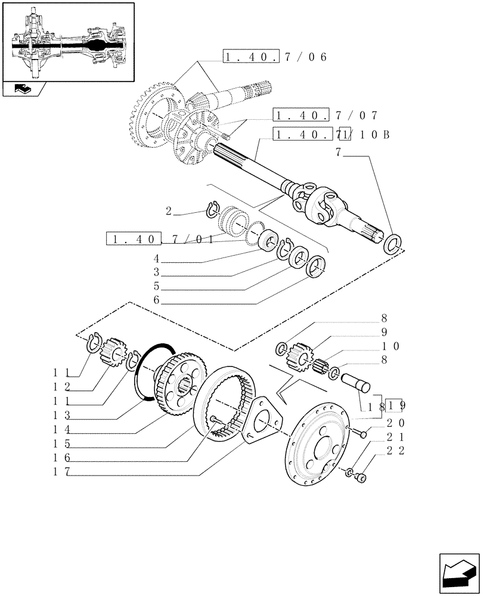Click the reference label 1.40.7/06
tap(275, 58)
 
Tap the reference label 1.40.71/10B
tap(331, 134)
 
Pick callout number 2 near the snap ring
tap(169, 210)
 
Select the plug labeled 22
tap(362, 477)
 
